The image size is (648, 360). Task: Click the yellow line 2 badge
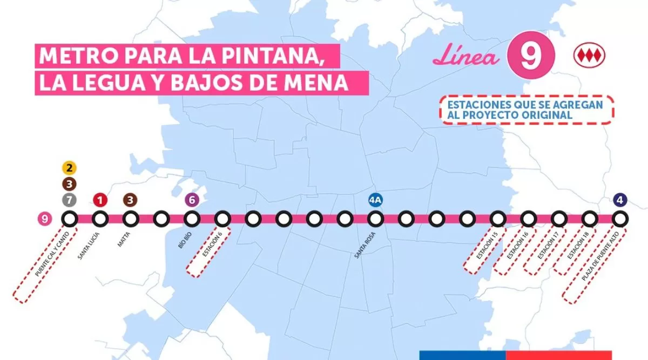(69, 167)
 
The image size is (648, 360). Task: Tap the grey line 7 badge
(69, 200)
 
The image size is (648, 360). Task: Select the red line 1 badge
(99, 200)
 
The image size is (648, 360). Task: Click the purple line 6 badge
(192, 200)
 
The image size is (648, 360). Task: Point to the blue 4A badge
(375, 200)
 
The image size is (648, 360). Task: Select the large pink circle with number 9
(531, 57)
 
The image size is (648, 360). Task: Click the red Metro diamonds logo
(589, 56)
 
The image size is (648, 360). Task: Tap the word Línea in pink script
(467, 57)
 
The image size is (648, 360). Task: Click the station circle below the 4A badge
(375, 219)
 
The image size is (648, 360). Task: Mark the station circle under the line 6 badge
(192, 219)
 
